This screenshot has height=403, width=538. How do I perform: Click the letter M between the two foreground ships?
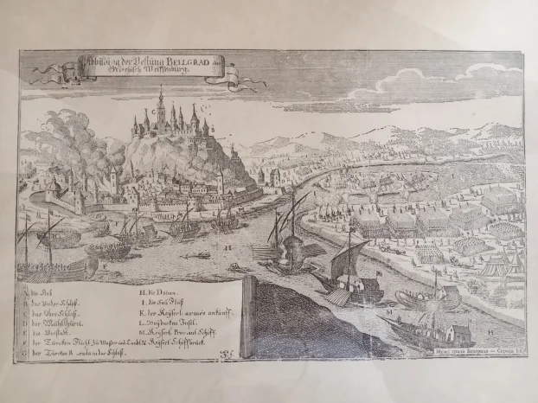tap(390, 308)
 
